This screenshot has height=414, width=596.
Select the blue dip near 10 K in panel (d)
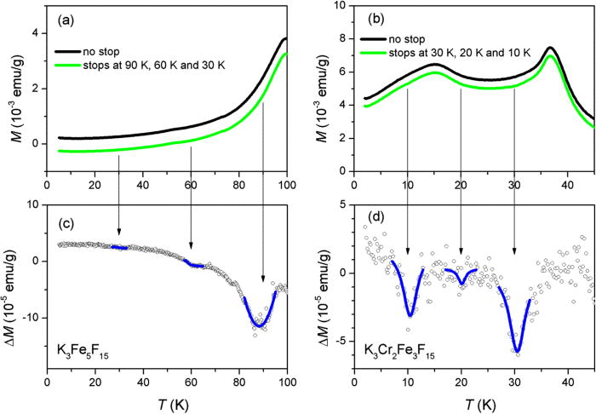pyautogui.click(x=410, y=314)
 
